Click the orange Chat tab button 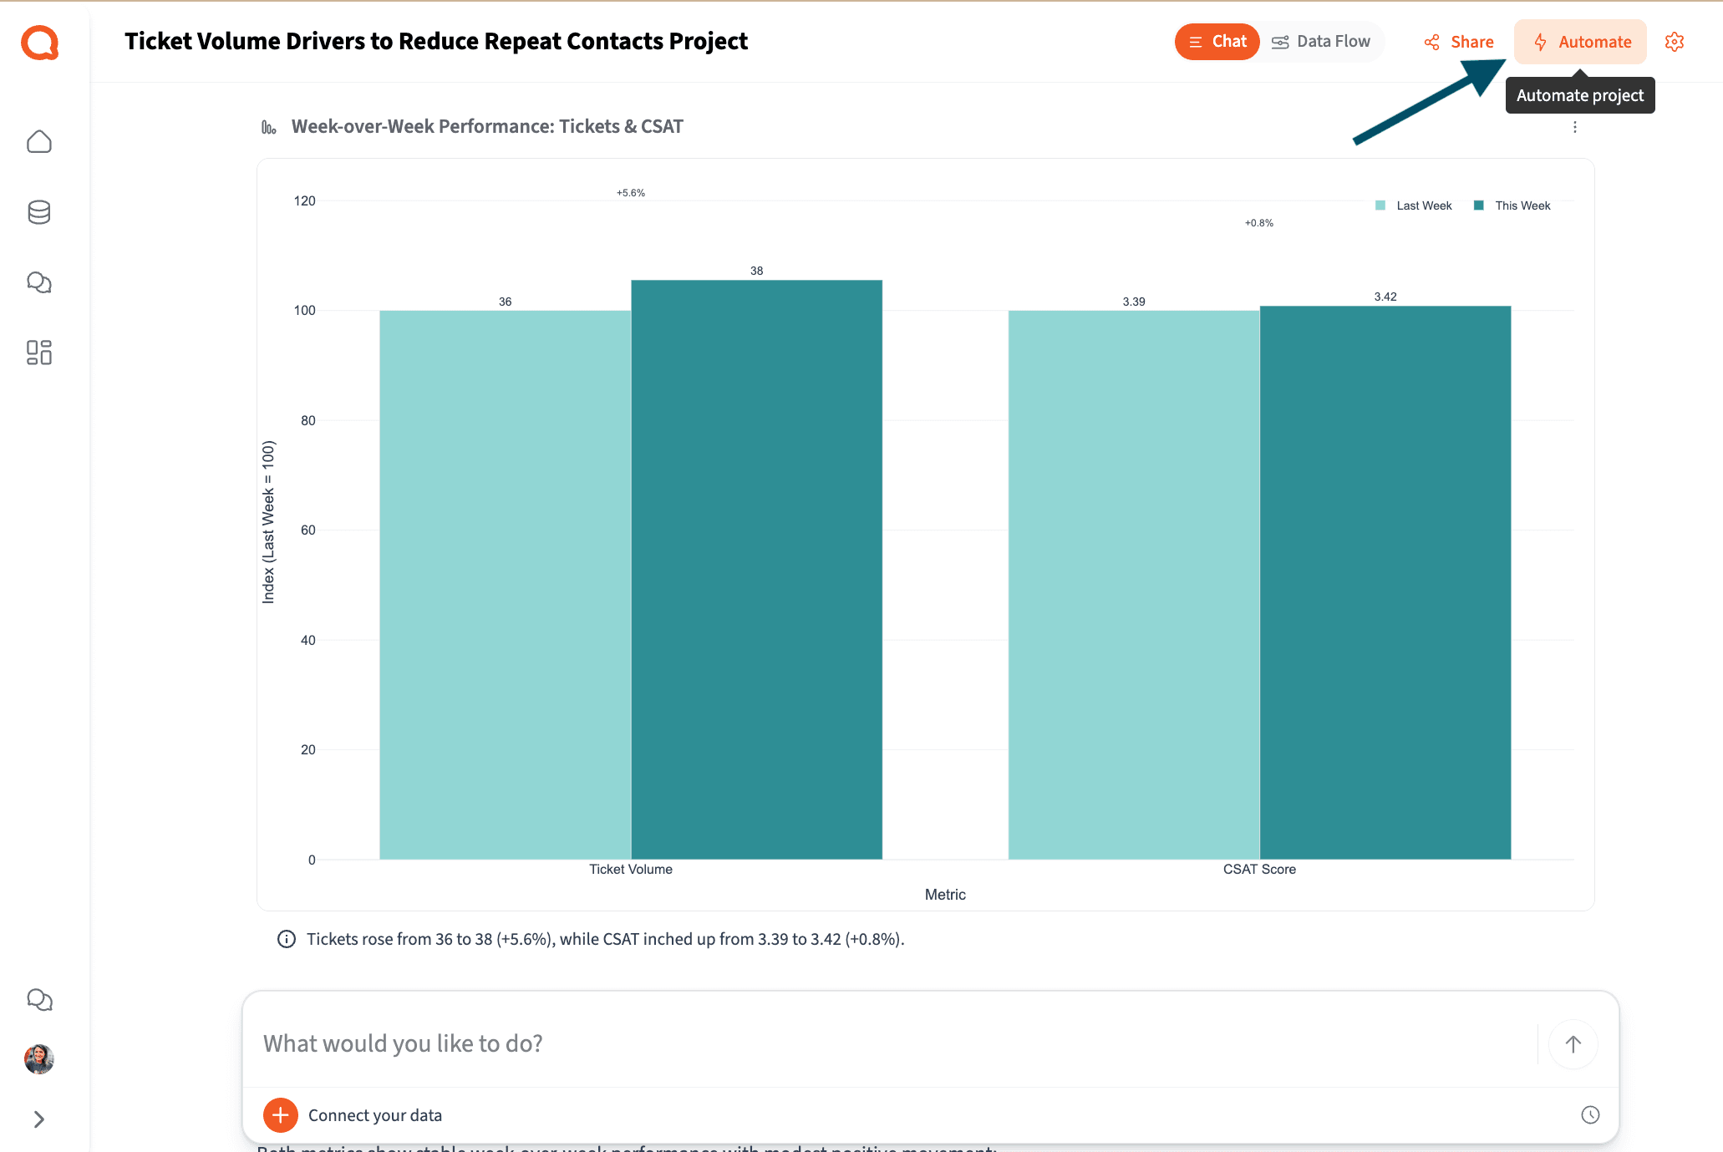(1217, 42)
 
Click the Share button (1459, 42)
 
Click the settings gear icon (1674, 42)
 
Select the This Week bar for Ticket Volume (756, 568)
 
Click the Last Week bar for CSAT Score (1133, 585)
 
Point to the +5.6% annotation (631, 193)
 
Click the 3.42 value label (1385, 297)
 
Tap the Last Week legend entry (1415, 206)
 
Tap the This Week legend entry (1513, 206)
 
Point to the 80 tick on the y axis (308, 420)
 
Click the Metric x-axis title (945, 894)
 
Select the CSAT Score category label (1259, 869)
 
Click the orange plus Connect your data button (281, 1114)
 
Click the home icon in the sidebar (39, 142)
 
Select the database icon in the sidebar (39, 212)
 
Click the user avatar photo (39, 1058)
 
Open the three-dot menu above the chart (1575, 127)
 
